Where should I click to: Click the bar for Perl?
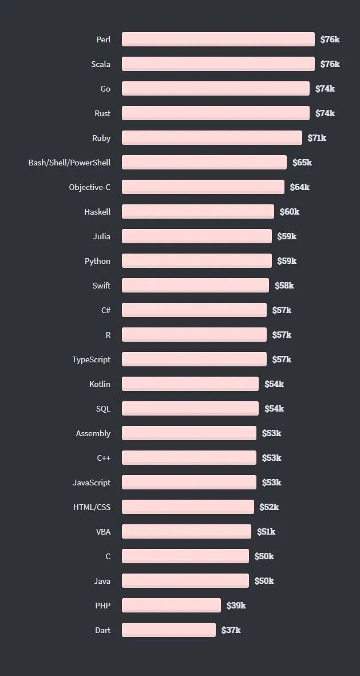(218, 39)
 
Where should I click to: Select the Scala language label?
(101, 64)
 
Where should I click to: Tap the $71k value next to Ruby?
(317, 138)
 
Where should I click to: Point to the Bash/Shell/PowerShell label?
(69, 163)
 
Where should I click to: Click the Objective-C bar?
(203, 187)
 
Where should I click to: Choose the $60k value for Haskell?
(289, 212)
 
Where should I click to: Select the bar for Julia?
(196, 236)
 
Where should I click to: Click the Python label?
(97, 261)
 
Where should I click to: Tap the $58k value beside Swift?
(284, 286)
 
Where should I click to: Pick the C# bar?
(194, 310)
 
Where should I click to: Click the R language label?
(108, 335)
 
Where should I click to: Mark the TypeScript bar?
(194, 359)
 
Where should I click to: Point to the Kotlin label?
(100, 384)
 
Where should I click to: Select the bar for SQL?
(190, 408)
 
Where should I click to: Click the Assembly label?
(93, 433)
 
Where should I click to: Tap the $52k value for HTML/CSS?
(269, 507)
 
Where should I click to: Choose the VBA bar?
(186, 531)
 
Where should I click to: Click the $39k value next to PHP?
(236, 606)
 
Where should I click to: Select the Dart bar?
(168, 630)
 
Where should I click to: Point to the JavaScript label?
(92, 483)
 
